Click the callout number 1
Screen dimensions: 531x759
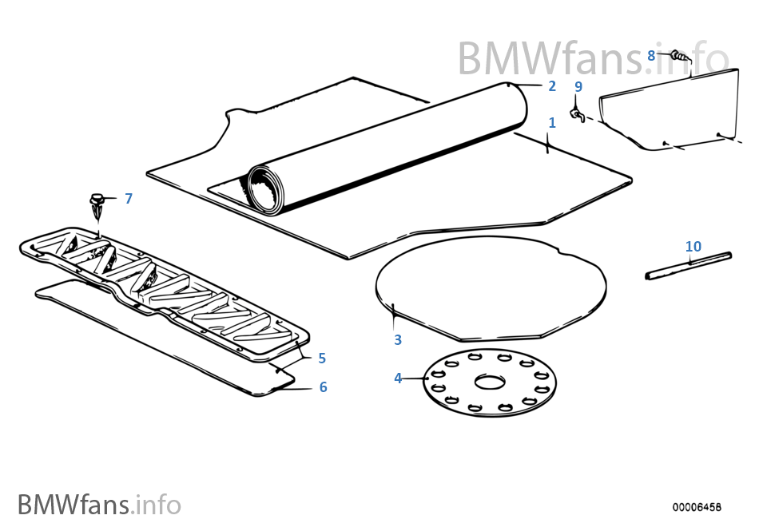click(x=551, y=123)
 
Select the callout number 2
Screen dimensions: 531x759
click(x=551, y=86)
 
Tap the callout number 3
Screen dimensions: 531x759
click(x=398, y=340)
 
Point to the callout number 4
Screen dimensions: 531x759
click(x=398, y=378)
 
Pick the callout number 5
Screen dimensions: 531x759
click(x=321, y=359)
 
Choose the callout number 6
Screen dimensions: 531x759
click(x=323, y=387)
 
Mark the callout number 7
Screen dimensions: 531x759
click(x=129, y=198)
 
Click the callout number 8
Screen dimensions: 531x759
click(x=651, y=55)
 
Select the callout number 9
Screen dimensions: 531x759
click(x=578, y=86)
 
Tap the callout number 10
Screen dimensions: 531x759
click(x=693, y=247)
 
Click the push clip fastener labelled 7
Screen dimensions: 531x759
click(x=97, y=206)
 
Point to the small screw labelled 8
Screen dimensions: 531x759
click(x=678, y=57)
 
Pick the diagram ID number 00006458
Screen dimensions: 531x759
click(x=696, y=507)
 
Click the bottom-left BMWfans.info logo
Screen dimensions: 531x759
click(x=99, y=505)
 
